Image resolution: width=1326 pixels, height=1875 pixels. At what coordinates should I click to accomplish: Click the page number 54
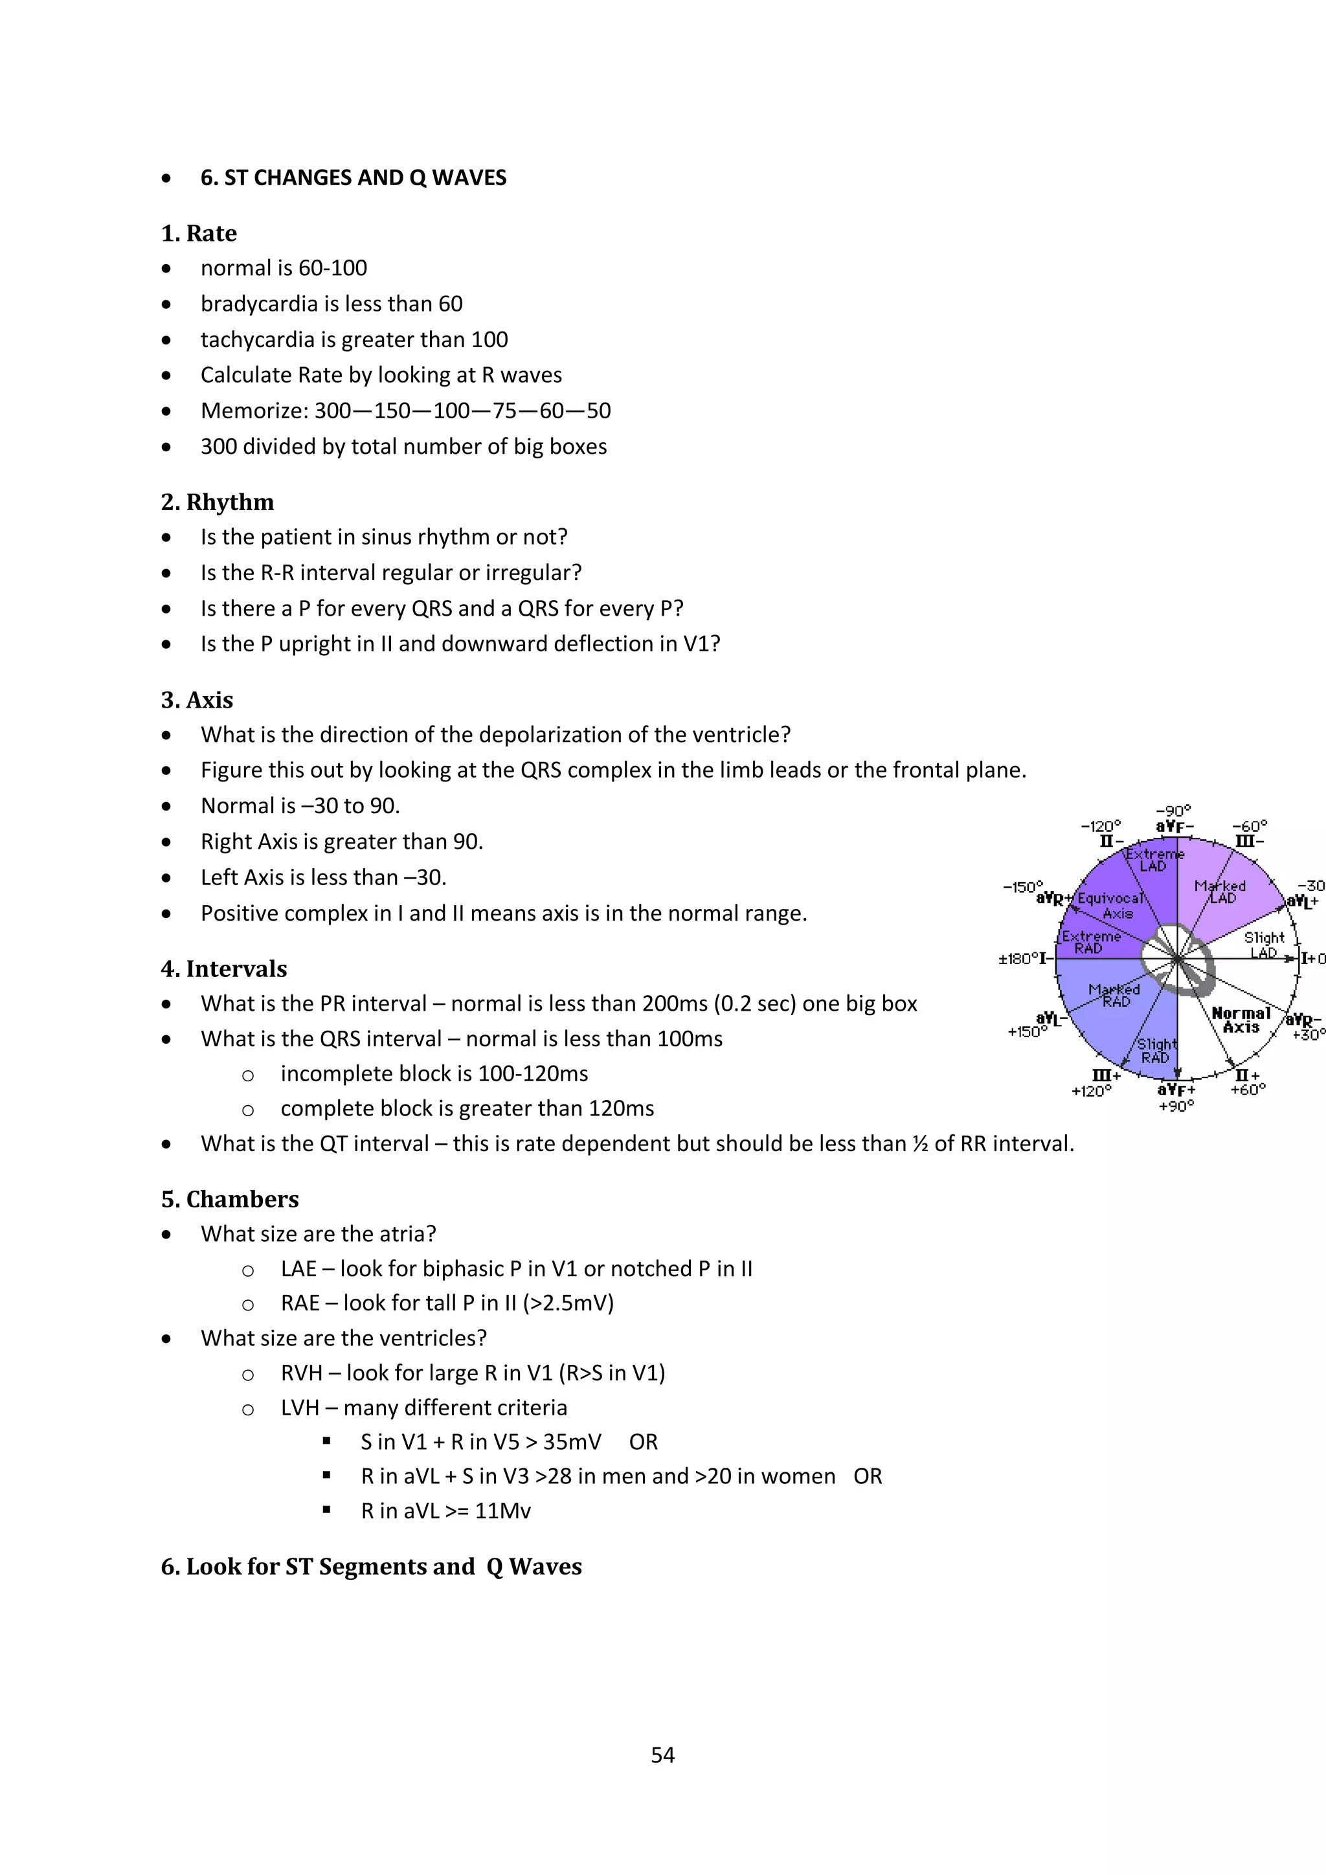[662, 1754]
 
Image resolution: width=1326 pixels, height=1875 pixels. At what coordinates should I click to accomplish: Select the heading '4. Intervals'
[224, 969]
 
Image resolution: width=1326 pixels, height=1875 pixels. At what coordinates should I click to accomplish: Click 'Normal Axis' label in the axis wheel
[1241, 1020]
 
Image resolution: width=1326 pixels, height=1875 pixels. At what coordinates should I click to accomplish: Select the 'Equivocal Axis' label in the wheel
[1110, 906]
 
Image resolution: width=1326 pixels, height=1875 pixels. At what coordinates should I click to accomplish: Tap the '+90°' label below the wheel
[1176, 1106]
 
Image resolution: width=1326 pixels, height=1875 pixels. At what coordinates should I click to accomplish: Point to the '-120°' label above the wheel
[1101, 826]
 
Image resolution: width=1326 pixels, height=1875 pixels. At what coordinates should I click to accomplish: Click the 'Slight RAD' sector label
[1156, 1051]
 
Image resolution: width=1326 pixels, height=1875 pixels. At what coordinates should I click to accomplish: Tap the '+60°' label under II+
[1248, 1090]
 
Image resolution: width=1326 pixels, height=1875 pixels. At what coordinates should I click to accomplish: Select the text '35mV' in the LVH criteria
[572, 1442]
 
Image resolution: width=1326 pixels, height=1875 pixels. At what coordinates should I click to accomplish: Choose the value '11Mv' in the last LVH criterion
[502, 1510]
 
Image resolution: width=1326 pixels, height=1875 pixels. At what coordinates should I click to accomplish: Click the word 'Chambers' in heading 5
[243, 1199]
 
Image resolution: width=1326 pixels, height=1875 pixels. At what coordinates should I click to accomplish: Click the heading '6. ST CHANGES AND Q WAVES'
[353, 178]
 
